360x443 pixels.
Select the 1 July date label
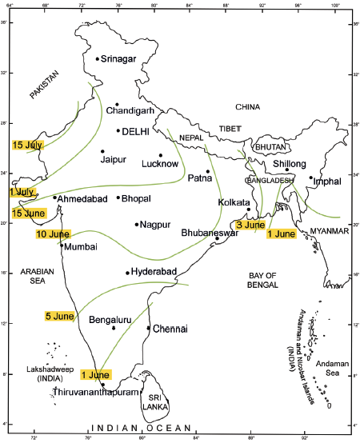22,192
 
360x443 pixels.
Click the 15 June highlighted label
27,214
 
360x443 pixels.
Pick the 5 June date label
59,317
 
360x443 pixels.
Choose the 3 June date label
250,225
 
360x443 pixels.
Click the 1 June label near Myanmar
282,234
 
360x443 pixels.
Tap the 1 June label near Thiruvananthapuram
95,374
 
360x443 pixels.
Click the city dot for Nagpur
137,225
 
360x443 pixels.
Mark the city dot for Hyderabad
127,273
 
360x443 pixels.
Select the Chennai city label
170,329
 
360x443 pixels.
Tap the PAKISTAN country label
46,86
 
